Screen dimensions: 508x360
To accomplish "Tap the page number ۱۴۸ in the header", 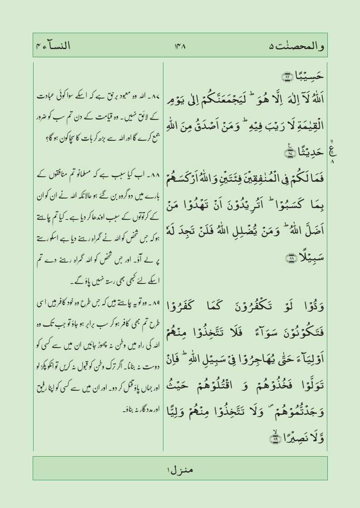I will tap(180, 46).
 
